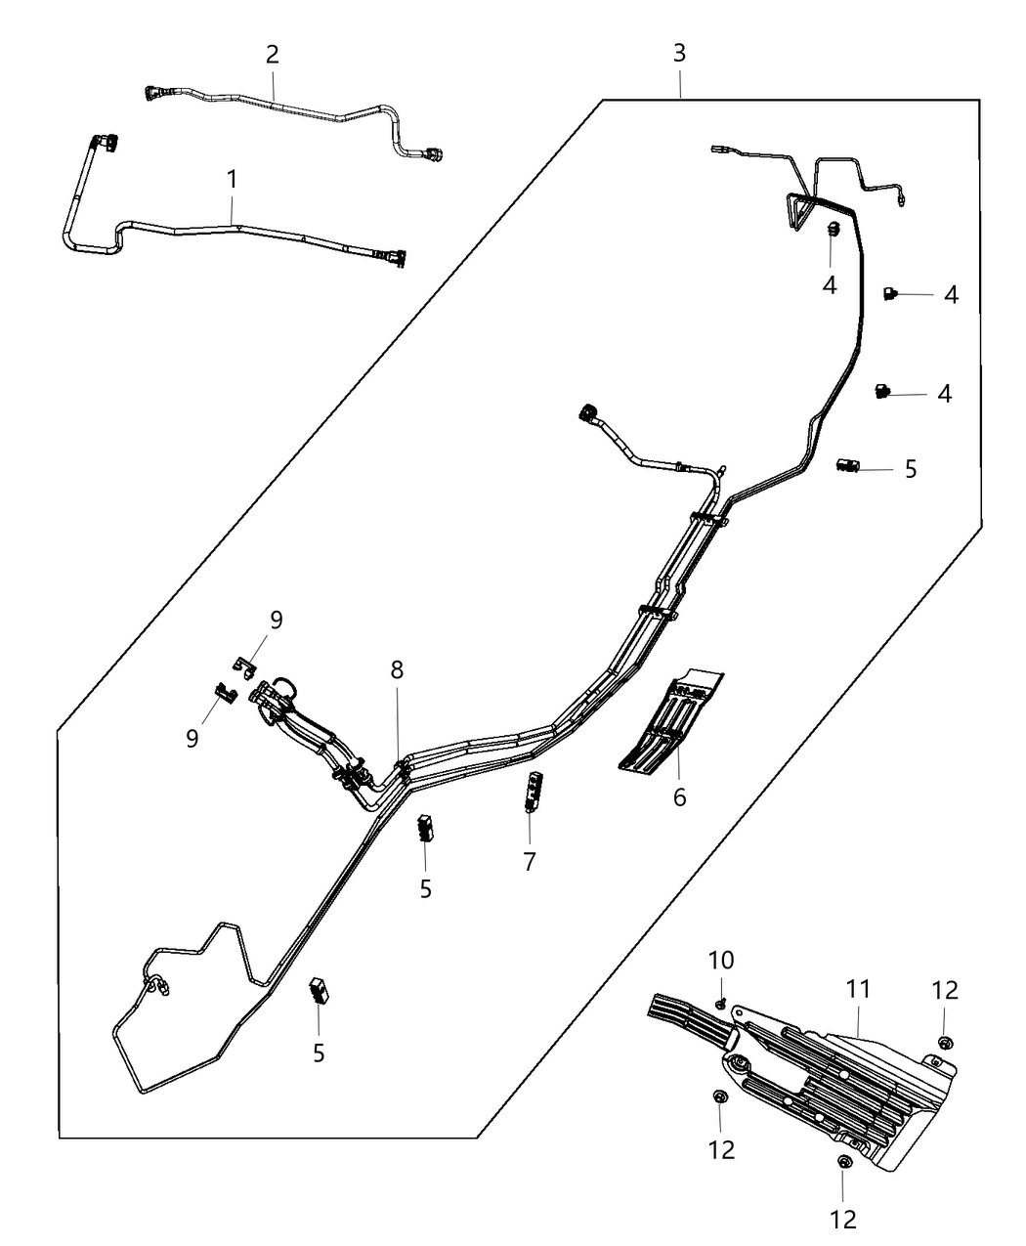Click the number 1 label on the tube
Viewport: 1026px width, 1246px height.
tap(232, 180)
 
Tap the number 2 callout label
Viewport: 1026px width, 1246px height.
tap(273, 54)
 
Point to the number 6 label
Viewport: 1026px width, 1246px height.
tap(679, 796)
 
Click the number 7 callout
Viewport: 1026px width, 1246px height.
tap(530, 861)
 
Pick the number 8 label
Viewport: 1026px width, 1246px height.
tap(397, 670)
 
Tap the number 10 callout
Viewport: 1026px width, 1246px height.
tap(720, 961)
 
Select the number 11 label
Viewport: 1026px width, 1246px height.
tap(858, 989)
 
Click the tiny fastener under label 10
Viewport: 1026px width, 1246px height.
tap(720, 1004)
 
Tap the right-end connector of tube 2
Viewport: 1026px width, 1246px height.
tap(433, 153)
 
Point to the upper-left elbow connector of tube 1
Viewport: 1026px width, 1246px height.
tap(104, 143)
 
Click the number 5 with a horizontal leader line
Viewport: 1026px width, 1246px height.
tap(911, 469)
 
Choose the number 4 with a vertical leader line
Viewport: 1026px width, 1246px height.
tap(830, 286)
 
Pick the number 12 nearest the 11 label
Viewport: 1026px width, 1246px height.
tap(945, 989)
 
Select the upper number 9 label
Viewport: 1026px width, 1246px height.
tap(277, 621)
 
